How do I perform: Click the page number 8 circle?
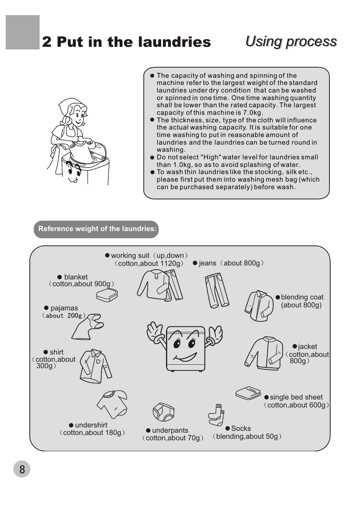coord(22,469)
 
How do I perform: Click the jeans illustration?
coord(217,290)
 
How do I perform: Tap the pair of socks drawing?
coord(217,415)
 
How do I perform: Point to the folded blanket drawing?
coord(107,295)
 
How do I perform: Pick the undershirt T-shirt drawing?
coord(113,404)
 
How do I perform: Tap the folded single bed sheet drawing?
coord(248,393)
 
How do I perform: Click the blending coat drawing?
coord(259,305)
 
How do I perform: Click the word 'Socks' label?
coord(241,429)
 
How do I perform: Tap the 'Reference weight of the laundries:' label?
coord(97,229)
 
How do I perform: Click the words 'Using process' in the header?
coord(291,42)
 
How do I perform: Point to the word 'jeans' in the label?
coord(208,263)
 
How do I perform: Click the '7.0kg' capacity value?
coord(253,113)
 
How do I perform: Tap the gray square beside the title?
coord(23,32)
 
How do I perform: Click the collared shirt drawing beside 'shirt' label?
coord(95,366)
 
